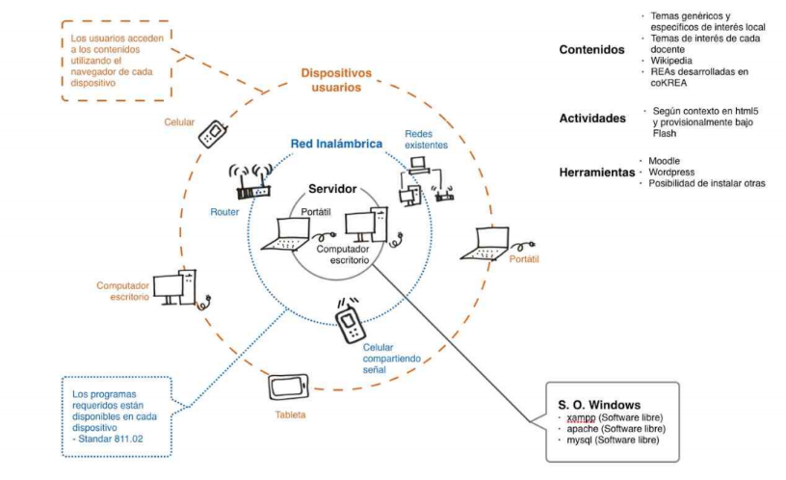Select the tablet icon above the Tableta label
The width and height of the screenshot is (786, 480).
[288, 387]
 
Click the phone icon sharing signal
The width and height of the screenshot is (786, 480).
[349, 317]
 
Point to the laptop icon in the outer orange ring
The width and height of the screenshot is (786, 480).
[489, 244]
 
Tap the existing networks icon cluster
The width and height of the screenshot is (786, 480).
[423, 182]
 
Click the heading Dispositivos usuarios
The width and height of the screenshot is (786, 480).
[336, 80]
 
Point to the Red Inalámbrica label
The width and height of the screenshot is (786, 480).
[336, 144]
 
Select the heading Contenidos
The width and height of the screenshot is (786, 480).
[591, 50]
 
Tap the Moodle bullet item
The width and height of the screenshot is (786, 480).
[664, 160]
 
